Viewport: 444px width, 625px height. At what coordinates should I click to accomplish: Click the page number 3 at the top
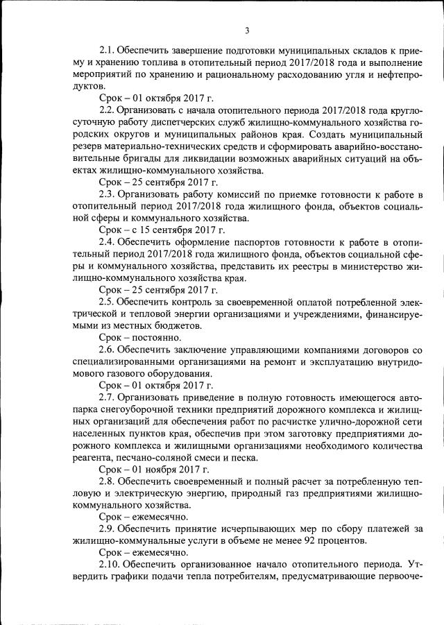pos(247,30)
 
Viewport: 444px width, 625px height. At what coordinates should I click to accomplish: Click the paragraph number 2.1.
pos(108,50)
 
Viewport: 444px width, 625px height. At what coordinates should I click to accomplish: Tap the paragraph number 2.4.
pos(108,242)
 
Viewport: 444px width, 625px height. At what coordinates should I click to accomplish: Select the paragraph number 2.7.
pos(108,397)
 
